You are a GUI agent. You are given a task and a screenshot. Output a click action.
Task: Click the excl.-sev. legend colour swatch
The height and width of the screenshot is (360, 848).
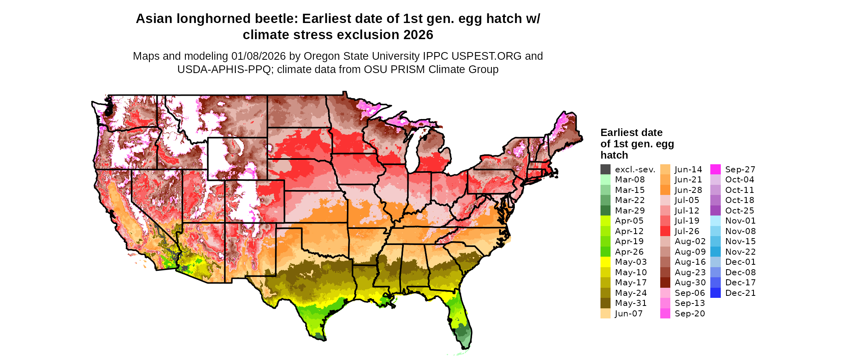click(x=605, y=170)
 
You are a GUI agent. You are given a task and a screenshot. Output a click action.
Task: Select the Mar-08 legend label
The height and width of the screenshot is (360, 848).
click(x=630, y=180)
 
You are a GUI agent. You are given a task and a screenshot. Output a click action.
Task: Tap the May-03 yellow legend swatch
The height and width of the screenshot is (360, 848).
click(x=605, y=262)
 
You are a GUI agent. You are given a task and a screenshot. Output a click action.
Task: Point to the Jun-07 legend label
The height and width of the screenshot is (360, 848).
click(x=629, y=314)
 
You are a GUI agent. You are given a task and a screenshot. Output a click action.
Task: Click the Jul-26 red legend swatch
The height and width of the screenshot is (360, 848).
click(x=665, y=231)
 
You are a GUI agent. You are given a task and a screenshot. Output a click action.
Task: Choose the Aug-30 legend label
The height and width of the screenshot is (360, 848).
click(x=690, y=283)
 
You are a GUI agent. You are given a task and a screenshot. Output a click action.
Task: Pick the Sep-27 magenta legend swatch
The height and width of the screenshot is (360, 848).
click(x=715, y=170)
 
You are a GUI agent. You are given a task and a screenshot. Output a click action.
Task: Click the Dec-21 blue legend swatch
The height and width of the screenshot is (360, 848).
click(x=715, y=293)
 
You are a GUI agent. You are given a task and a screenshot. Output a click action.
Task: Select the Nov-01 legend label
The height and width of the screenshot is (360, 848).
click(x=740, y=221)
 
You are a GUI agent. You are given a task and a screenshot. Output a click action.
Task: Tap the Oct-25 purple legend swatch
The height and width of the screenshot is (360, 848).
click(x=715, y=211)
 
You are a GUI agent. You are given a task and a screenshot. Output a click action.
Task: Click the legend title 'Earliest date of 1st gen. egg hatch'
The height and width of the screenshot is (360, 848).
click(x=637, y=144)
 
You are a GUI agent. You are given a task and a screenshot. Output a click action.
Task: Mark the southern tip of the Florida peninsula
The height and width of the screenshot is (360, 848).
click(x=464, y=347)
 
